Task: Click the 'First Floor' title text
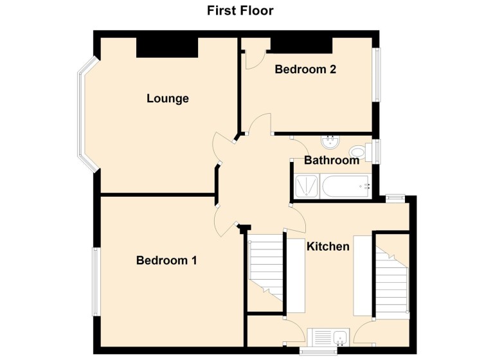pos(240,11)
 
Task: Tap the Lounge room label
pos(168,98)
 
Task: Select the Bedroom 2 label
pos(305,69)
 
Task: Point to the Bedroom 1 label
pos(166,260)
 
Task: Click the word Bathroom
pos(331,160)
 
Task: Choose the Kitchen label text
pos(328,246)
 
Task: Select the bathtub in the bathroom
pos(346,186)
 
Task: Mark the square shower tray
pos(305,186)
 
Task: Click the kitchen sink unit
pos(328,337)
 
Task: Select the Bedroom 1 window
pos(95,281)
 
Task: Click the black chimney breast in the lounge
pos(166,47)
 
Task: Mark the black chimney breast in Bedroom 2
pos(301,44)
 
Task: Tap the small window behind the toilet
pos(377,151)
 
